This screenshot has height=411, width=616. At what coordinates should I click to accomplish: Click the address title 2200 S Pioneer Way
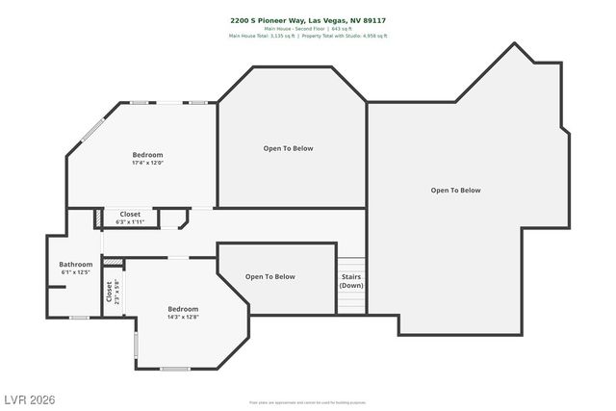point(308,19)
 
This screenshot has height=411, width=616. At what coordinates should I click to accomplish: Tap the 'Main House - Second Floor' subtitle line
point(308,28)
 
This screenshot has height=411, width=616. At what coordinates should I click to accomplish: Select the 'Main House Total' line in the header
point(308,36)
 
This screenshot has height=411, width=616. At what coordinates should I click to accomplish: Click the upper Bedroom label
point(147,155)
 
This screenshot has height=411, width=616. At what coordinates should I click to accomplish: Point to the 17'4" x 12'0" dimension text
point(147,163)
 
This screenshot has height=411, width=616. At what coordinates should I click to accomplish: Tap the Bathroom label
point(75,265)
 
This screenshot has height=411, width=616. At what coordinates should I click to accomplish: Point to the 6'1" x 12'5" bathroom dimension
point(75,272)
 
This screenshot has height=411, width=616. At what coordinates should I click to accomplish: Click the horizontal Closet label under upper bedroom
point(130,214)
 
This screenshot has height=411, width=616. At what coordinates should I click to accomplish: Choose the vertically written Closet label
point(108,291)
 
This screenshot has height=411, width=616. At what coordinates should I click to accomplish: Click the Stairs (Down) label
point(351,280)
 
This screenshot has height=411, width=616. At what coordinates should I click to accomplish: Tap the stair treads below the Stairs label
point(351,302)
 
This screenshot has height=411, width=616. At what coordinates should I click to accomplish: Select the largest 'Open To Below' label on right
point(455,191)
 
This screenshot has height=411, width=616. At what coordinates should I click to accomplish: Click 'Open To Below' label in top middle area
point(289,148)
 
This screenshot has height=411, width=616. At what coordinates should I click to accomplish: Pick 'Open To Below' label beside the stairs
point(270,277)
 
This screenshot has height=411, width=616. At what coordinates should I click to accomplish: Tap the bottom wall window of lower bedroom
point(174,369)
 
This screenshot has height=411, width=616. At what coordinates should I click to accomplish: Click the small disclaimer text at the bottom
point(308,402)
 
